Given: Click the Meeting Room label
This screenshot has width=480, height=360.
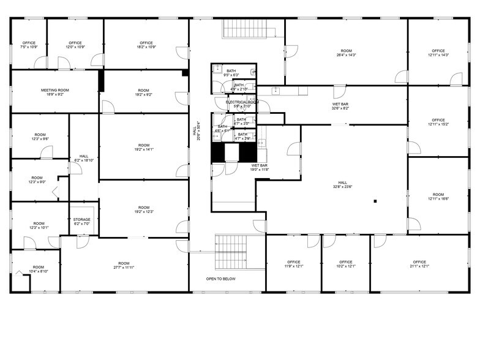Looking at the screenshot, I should (55, 92).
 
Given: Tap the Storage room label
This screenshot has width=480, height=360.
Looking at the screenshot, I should (82, 222).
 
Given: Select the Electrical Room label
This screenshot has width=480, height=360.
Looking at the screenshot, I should (242, 103).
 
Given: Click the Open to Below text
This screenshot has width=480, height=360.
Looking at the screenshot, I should (221, 279).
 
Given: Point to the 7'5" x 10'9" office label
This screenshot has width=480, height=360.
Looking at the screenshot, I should (29, 45).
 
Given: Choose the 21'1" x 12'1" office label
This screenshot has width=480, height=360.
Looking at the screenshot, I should (419, 264).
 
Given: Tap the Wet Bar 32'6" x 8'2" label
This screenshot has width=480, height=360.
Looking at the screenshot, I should (340, 107).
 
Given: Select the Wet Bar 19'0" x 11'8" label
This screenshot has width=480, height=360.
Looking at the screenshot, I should (260, 167).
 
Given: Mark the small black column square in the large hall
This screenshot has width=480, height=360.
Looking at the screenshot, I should (376, 201).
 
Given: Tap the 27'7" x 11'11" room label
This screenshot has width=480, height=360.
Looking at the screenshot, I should (124, 264).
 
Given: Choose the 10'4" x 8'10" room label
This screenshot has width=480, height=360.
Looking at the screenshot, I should (39, 269).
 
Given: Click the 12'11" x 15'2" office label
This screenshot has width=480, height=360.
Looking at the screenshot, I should (438, 122).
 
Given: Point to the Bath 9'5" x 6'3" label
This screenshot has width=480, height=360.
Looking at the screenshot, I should (231, 73).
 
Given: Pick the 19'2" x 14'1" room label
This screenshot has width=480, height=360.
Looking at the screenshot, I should (144, 147).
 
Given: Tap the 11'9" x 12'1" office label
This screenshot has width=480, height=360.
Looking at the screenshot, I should (293, 264).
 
